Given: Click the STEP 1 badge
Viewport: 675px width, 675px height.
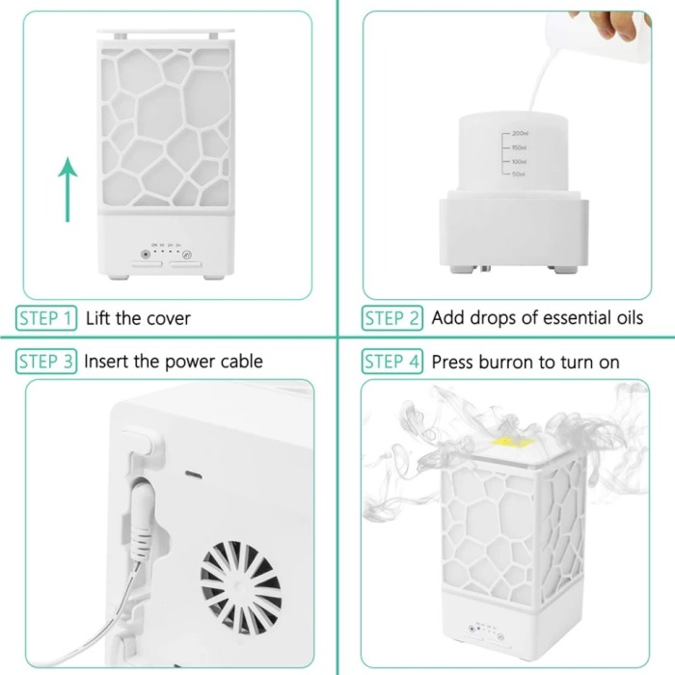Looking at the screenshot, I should click(x=46, y=318).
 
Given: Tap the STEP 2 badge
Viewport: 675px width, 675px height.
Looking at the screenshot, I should click(x=391, y=318).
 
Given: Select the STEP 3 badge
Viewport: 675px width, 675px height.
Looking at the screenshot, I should click(x=46, y=362).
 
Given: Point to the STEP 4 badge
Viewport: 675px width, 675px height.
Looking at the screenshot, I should click(x=391, y=362).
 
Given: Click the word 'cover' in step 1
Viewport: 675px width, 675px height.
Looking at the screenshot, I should click(x=166, y=318).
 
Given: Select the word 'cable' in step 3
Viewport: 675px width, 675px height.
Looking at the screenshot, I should click(x=239, y=362).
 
